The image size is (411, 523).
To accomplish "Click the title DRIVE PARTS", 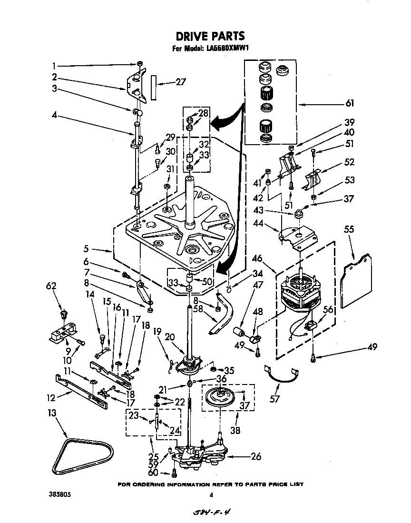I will click(x=210, y=36).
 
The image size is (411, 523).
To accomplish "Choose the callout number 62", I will click(x=51, y=286).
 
